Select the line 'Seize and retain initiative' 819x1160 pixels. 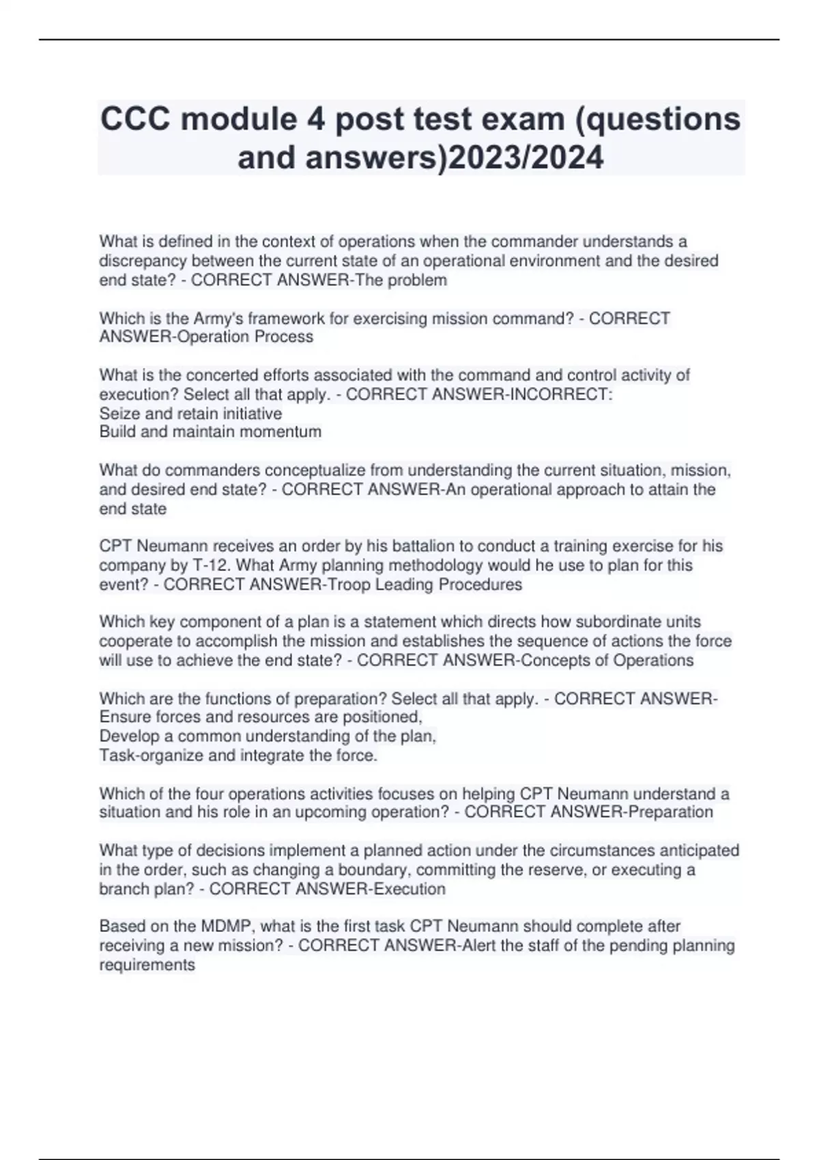(190, 414)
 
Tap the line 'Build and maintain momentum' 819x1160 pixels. (210, 432)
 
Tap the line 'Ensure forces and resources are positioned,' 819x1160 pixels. (261, 716)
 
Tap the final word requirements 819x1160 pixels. (147, 965)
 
